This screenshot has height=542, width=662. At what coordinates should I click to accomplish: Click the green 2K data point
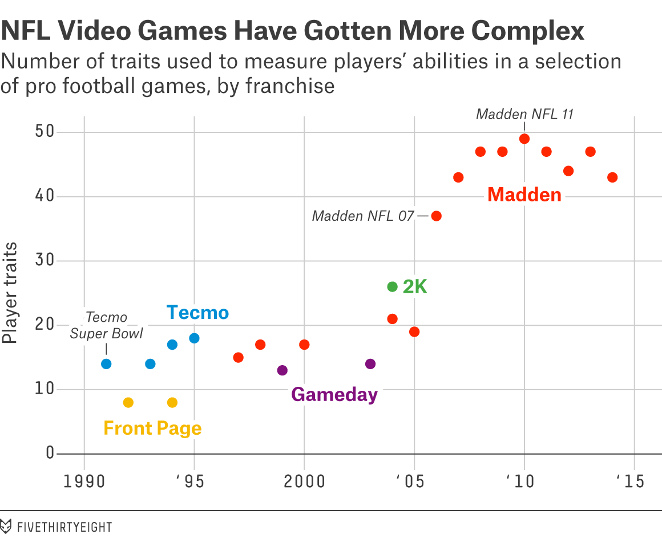point(392,286)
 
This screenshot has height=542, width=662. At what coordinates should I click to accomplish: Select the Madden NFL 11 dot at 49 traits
point(524,139)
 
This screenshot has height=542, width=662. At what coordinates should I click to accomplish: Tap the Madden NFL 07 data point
point(437,216)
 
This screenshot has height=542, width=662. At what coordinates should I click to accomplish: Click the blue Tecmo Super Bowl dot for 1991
point(106,364)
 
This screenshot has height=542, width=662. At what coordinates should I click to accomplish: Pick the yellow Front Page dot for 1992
point(128,402)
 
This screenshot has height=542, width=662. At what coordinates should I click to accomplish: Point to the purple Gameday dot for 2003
point(370,364)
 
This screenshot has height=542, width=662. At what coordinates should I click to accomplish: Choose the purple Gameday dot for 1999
point(282,370)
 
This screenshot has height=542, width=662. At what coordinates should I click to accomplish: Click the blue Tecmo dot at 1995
point(194,338)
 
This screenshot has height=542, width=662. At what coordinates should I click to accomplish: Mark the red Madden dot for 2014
point(612,177)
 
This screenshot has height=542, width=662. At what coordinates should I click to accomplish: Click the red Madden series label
point(524,195)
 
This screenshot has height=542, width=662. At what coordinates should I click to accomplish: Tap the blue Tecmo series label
point(197,313)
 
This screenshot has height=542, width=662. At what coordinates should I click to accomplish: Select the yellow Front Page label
point(152,428)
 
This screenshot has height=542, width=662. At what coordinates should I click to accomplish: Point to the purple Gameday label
point(334,394)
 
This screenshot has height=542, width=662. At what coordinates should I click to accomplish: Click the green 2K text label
point(415,287)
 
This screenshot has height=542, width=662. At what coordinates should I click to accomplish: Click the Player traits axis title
point(10,294)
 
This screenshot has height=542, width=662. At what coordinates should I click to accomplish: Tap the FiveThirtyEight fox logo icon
point(6,526)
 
